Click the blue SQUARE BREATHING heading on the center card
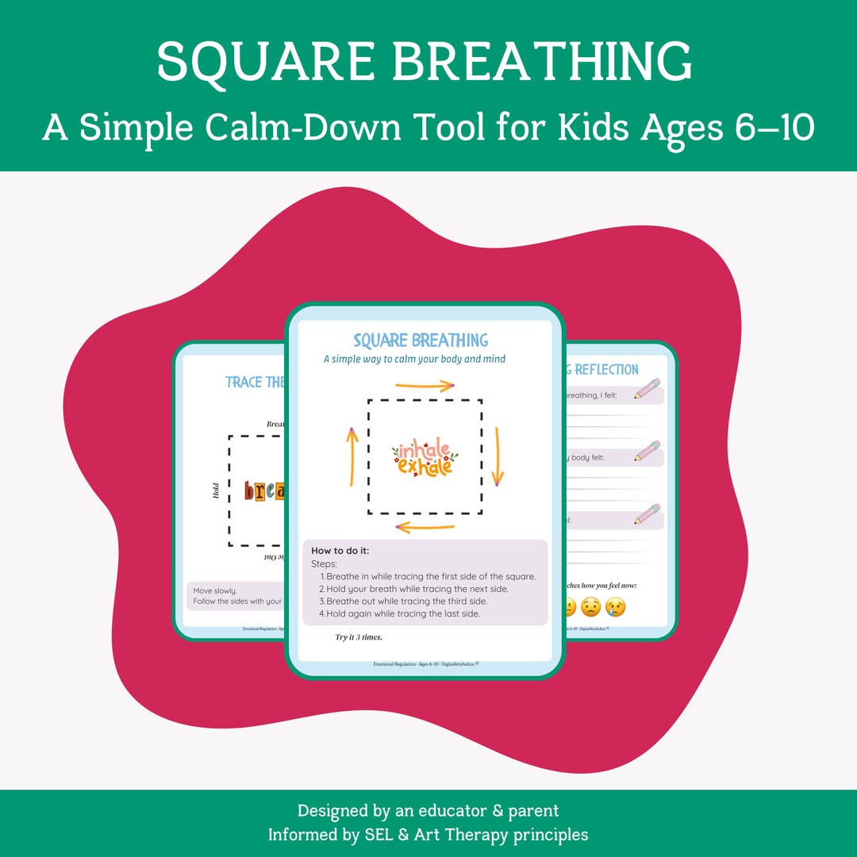[x=421, y=340]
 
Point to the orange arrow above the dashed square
[x=424, y=386]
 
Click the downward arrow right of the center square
[x=498, y=455]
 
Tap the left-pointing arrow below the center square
[x=425, y=526]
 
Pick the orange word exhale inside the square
[x=425, y=467]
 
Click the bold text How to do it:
[x=340, y=551]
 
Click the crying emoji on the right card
[x=615, y=607]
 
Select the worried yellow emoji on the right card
[x=590, y=607]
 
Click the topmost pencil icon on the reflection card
[x=648, y=389]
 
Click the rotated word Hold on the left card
[x=216, y=491]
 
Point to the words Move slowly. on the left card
[x=214, y=590]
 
